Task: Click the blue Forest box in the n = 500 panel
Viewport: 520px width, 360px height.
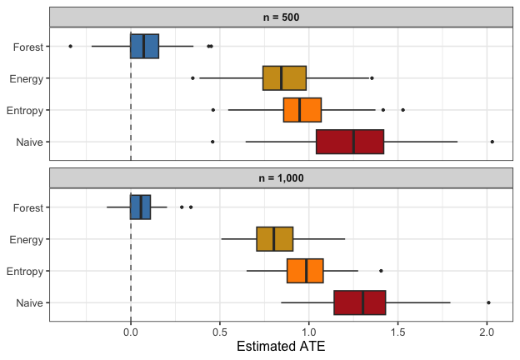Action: coord(144,46)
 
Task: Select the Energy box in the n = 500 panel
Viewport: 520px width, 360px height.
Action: coord(284,77)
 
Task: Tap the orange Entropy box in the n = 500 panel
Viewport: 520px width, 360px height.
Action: coord(302,110)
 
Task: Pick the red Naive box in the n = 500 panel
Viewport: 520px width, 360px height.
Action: coord(350,142)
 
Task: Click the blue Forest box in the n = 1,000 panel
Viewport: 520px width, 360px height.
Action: coord(140,207)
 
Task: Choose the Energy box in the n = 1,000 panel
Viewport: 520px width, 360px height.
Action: coord(274,238)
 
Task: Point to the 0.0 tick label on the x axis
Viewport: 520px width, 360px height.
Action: coord(131,328)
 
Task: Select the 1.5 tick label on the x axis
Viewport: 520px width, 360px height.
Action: coord(397,328)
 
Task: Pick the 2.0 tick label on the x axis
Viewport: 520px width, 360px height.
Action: coord(487,328)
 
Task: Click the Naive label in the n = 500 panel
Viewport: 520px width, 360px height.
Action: coord(29,142)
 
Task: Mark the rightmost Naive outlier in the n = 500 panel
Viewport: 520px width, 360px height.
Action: coord(492,142)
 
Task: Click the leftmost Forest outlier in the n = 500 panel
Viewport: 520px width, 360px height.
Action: coord(70,46)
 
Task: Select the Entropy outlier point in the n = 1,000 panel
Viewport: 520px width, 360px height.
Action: coord(381,271)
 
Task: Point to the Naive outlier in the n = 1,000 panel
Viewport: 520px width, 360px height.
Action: coord(488,302)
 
